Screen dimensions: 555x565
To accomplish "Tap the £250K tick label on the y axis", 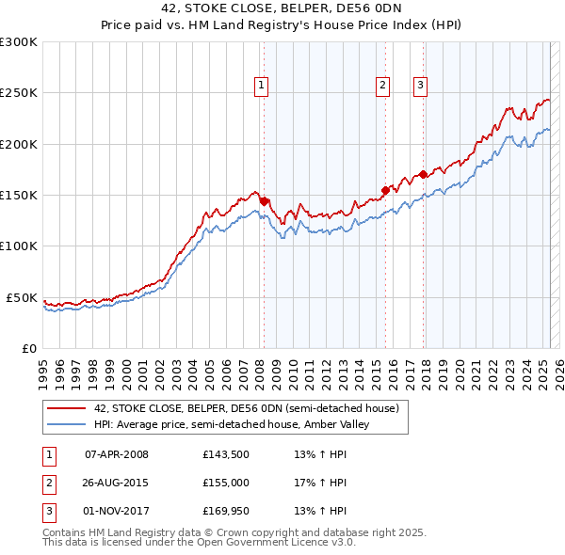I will [19, 93].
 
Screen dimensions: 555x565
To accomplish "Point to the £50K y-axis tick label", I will [22, 297].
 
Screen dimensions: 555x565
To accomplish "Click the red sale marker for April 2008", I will [264, 200].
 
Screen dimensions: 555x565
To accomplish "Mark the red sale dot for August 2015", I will [386, 189].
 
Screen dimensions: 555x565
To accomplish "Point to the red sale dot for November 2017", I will [424, 174].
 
